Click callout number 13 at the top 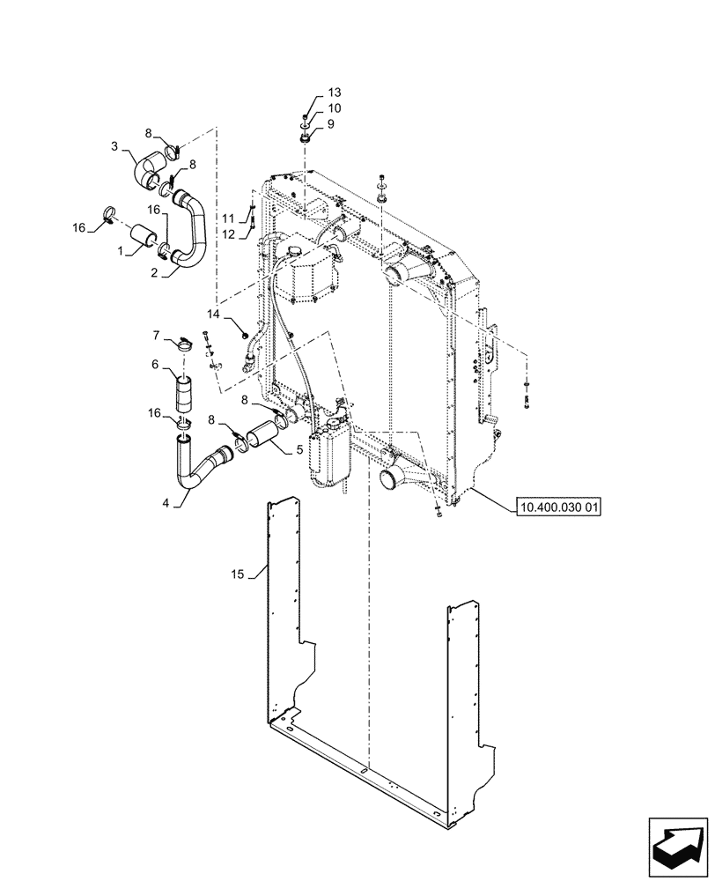point(335,93)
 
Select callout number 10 point(335,108)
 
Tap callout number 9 point(331,124)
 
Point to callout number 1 point(121,250)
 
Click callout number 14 point(214,314)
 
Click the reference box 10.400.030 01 point(558,507)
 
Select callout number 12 point(227,233)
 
